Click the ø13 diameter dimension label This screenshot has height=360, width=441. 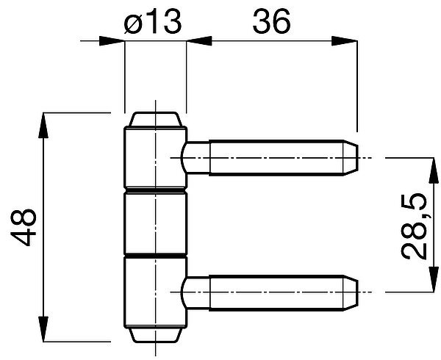[152, 21]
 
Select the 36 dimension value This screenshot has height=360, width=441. [271, 21]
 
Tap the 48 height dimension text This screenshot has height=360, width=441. [24, 227]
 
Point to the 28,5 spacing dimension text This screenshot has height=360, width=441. [413, 226]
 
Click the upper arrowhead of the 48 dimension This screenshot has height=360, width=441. [43, 125]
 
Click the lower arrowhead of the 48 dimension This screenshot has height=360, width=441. [43, 329]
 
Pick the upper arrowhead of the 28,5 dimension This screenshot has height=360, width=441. [434, 170]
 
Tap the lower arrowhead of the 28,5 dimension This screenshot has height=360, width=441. [434, 279]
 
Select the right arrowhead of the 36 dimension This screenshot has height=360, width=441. [344, 41]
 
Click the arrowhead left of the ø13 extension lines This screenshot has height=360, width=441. [112, 41]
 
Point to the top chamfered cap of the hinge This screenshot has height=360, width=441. [155, 120]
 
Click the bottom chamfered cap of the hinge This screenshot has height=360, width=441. [155, 335]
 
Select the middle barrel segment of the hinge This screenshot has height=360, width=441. [155, 223]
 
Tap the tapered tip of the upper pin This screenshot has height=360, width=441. [351, 158]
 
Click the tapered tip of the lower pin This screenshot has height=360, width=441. [351, 293]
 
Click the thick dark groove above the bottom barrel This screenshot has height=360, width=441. [155, 256]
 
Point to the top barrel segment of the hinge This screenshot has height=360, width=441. [155, 157]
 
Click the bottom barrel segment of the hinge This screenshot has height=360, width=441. [155, 293]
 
